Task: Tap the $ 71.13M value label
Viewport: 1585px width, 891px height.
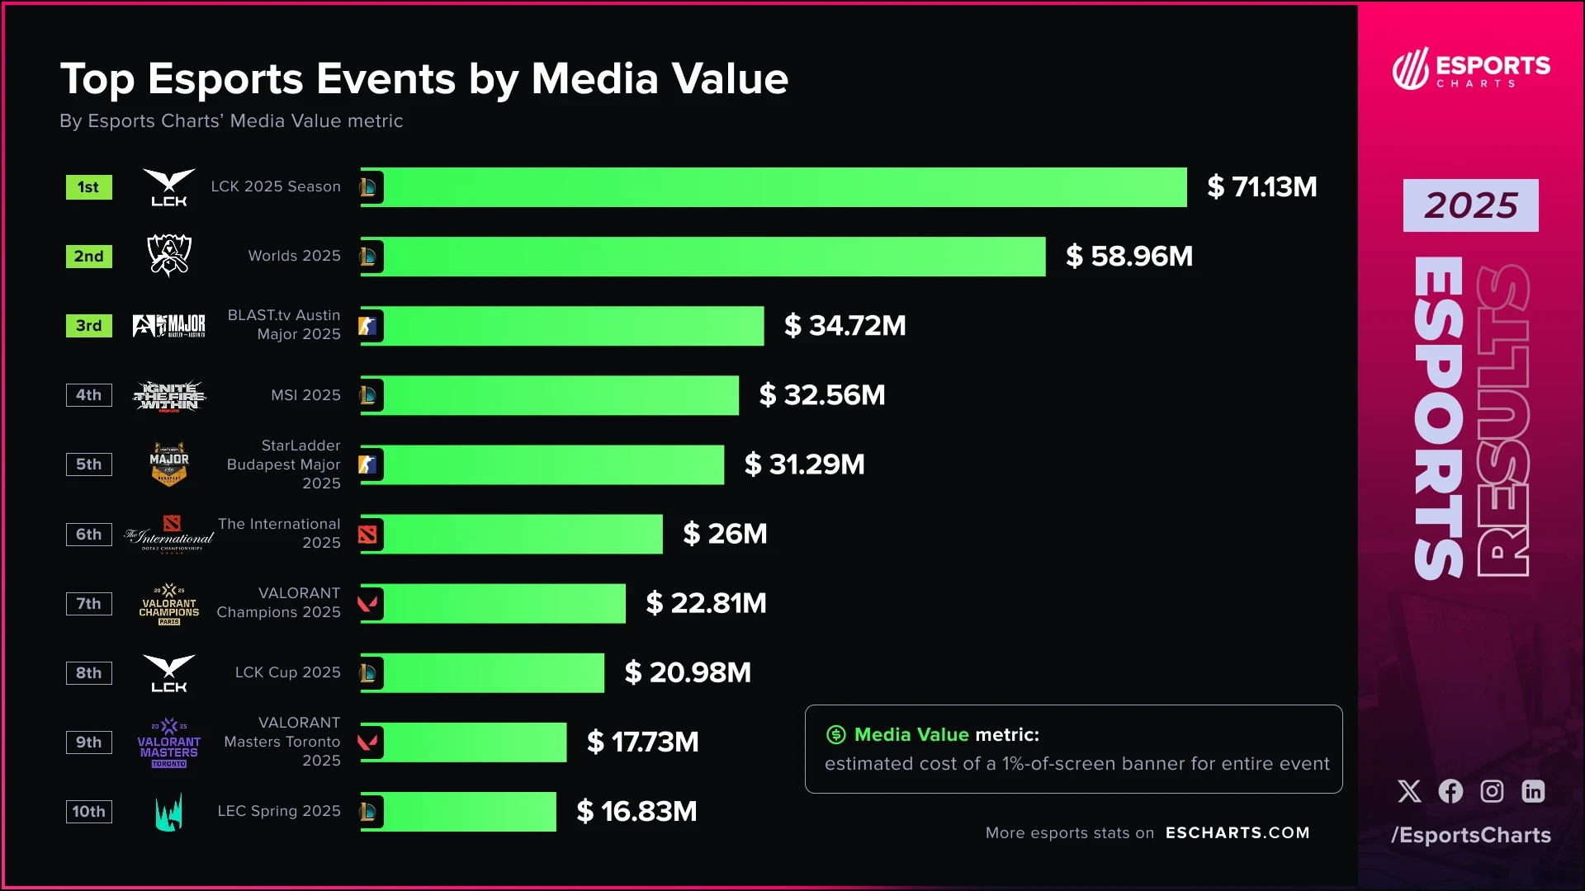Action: coord(1261,187)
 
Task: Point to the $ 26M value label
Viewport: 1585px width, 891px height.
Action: coord(725,534)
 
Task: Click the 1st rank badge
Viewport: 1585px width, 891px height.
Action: coord(88,187)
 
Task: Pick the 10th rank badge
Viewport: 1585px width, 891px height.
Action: coord(88,812)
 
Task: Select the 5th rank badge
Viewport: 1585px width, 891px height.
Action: coord(88,464)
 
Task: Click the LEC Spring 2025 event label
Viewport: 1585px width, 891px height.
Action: coord(278,812)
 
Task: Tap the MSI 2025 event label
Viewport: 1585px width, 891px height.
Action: coord(305,395)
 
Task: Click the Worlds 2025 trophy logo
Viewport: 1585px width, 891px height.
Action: coord(169,255)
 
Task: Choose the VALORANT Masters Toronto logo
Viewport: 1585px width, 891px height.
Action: coord(169,743)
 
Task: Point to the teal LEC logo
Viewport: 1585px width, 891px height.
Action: coord(169,813)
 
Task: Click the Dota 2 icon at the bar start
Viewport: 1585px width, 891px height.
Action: coord(368,535)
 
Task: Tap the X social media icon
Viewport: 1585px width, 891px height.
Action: coord(1409,791)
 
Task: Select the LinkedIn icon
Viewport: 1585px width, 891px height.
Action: coord(1533,791)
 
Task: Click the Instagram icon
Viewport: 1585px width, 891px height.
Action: coord(1492,791)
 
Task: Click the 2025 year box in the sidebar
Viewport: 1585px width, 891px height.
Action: coord(1470,205)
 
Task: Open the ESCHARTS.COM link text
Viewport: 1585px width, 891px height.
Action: coord(1237,833)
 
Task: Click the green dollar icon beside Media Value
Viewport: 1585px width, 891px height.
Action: coord(836,734)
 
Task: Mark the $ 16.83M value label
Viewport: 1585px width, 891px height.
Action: coord(636,812)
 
